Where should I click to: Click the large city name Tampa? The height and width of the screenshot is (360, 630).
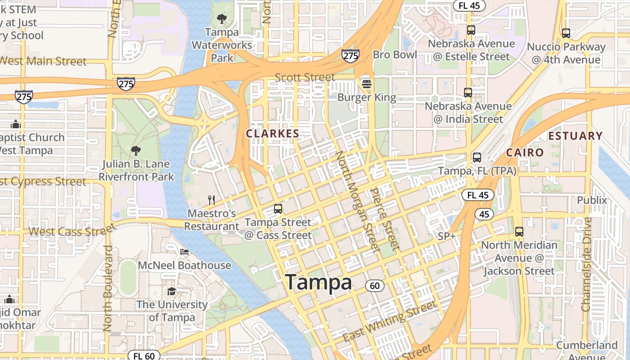319,283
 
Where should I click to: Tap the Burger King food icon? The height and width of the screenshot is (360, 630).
366,84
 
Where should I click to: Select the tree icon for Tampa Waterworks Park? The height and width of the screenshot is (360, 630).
221,18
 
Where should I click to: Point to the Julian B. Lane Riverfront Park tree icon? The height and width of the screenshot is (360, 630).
135,150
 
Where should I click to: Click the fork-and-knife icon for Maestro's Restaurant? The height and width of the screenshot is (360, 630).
211,200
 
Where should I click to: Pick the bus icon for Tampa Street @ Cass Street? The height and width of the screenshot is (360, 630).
278,209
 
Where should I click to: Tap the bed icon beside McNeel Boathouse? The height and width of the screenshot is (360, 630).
184,252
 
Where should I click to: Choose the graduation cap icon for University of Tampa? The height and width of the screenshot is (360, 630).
171,291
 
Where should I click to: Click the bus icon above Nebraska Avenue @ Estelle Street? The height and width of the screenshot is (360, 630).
471,30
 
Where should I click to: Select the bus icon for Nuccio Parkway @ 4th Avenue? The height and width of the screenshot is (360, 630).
566,33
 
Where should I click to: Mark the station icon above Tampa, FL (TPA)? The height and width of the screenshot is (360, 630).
477,157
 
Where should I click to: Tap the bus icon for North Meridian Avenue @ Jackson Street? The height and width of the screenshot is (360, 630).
519,232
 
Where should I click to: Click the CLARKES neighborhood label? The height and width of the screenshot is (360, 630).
272,134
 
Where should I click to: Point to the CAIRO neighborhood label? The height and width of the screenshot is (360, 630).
525,153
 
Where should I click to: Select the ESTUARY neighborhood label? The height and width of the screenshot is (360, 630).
575,136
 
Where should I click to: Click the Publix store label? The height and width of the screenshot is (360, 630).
592,200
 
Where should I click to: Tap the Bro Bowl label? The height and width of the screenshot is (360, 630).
395,55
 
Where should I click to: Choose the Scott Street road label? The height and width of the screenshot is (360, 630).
305,77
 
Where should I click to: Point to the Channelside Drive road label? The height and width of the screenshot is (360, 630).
586,264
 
